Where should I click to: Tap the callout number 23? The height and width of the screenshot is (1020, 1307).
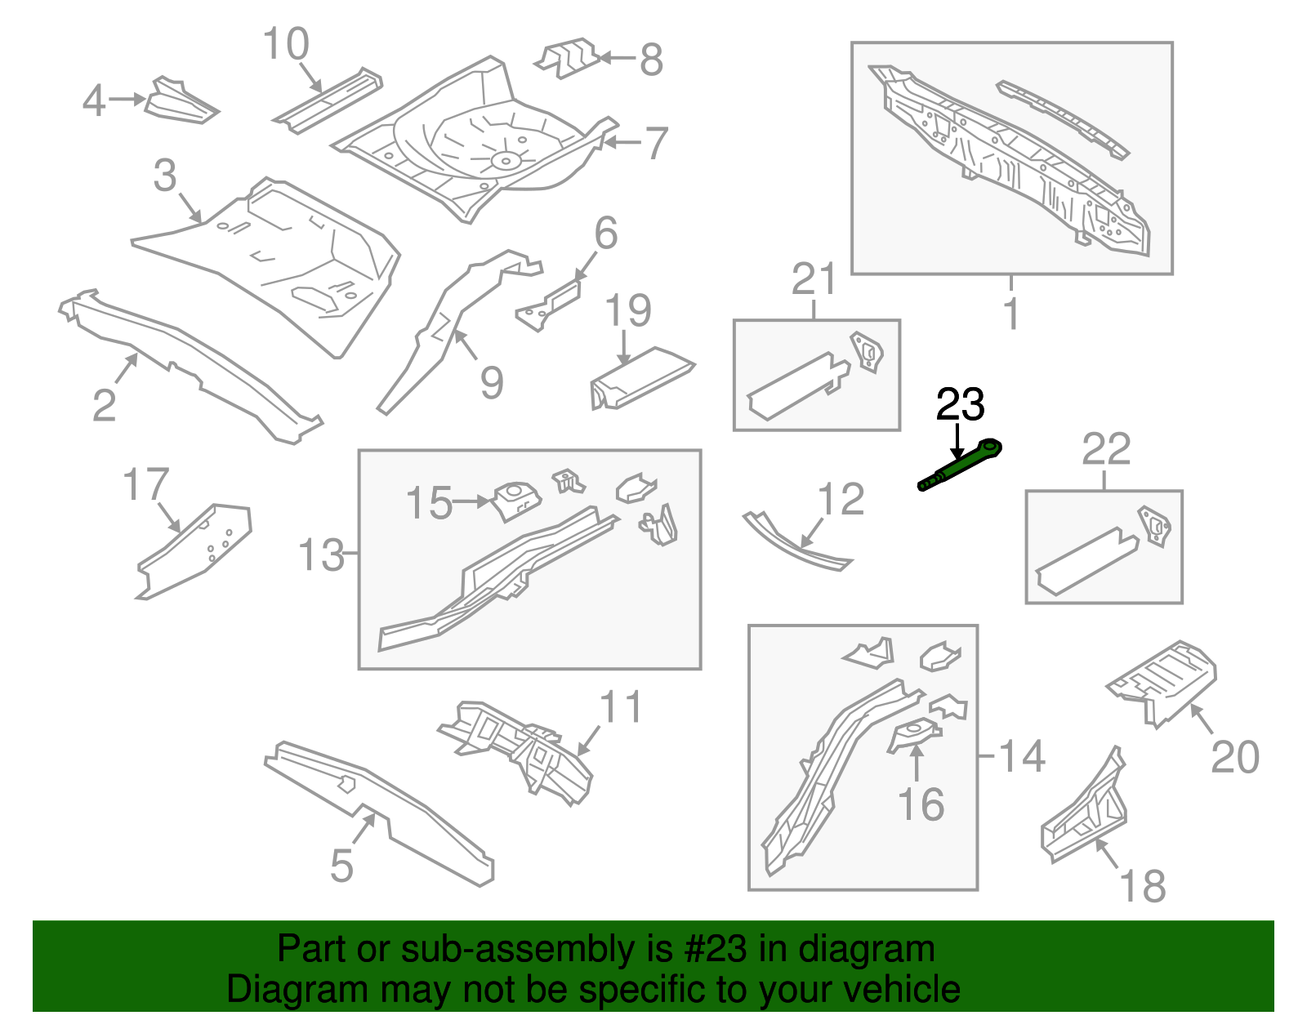click(960, 404)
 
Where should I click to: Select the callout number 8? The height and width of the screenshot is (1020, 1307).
click(651, 60)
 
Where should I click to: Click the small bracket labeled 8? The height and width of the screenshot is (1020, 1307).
click(567, 58)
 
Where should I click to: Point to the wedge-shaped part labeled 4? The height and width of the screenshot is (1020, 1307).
click(180, 102)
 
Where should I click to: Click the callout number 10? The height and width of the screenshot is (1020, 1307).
click(286, 44)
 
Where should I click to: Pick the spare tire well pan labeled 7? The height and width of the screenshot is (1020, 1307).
click(474, 139)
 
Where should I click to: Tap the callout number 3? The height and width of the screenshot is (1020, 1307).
click(165, 176)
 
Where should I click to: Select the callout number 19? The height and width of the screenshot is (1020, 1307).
click(628, 310)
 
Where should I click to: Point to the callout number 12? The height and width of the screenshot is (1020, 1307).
click(841, 499)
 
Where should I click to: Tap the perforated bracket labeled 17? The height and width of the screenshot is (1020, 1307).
click(196, 550)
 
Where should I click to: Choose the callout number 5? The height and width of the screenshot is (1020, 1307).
click(341, 866)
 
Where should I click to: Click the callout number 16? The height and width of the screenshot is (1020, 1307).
click(921, 804)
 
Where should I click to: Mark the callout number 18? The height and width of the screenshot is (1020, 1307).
click(1142, 886)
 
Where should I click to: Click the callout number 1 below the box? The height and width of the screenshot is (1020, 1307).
click(1011, 314)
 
